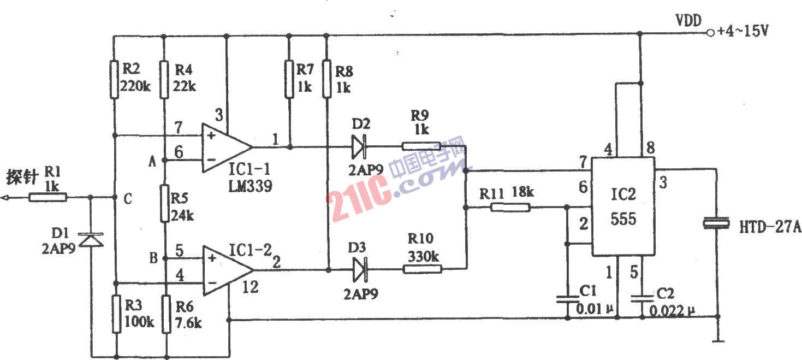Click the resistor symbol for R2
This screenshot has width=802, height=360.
pyautogui.click(x=114, y=80)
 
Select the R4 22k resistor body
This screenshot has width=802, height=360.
pyautogui.click(x=164, y=80)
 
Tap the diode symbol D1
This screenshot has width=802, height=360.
pyautogui.click(x=91, y=240)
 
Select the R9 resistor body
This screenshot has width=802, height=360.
pyautogui.click(x=421, y=146)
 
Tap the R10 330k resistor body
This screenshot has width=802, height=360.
pyautogui.click(x=423, y=269)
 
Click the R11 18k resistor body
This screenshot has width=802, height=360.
pyautogui.click(x=510, y=207)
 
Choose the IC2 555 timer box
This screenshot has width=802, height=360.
pyautogui.click(x=623, y=206)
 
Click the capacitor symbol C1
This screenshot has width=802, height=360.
pyautogui.click(x=567, y=299)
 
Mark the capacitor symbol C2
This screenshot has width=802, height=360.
pyautogui.click(x=642, y=299)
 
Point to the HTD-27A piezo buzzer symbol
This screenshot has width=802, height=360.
pyautogui.click(x=716, y=223)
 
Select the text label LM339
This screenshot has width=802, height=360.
pyautogui.click(x=250, y=186)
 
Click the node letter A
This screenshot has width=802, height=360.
pyautogui.click(x=152, y=162)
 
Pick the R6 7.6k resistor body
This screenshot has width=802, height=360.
pyautogui.click(x=166, y=314)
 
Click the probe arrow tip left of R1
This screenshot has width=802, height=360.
pyautogui.click(x=1, y=197)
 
